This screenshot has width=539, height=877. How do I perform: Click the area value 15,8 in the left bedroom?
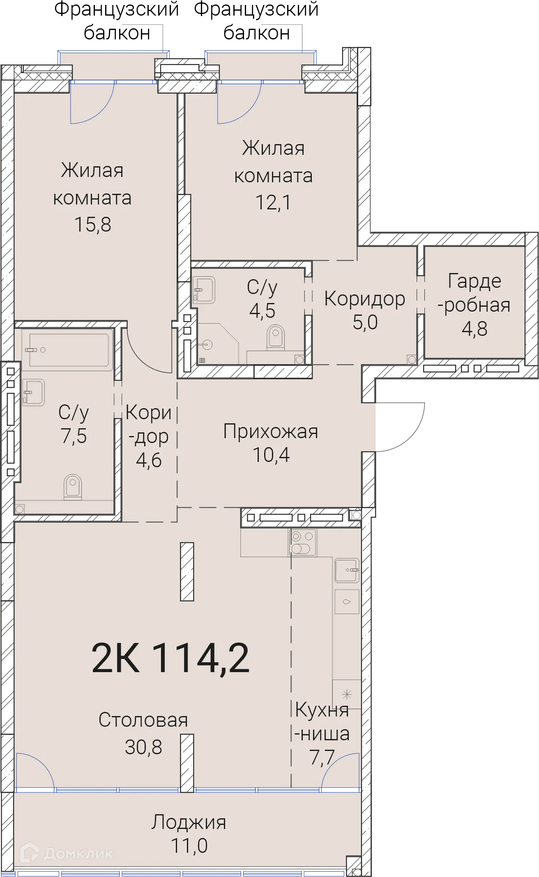(92, 225)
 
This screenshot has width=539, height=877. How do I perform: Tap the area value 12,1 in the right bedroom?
(273, 202)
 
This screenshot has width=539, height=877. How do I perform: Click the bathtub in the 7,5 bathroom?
(68, 350)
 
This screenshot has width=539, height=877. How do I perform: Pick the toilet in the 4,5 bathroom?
(276, 337)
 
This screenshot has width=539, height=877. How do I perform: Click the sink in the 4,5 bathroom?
(204, 290)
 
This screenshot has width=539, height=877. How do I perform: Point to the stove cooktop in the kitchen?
(303, 542)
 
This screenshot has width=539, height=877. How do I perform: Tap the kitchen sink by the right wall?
(347, 570)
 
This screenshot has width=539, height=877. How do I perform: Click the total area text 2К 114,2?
(170, 658)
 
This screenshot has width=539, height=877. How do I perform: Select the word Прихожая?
(270, 432)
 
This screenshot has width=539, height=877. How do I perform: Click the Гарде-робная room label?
(474, 293)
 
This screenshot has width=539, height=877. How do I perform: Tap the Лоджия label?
(189, 822)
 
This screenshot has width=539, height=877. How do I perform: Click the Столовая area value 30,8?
(143, 747)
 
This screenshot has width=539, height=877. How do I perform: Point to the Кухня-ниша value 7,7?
(322, 757)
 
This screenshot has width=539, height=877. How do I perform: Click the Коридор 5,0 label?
(364, 310)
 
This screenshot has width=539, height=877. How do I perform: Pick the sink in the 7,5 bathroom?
(33, 392)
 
